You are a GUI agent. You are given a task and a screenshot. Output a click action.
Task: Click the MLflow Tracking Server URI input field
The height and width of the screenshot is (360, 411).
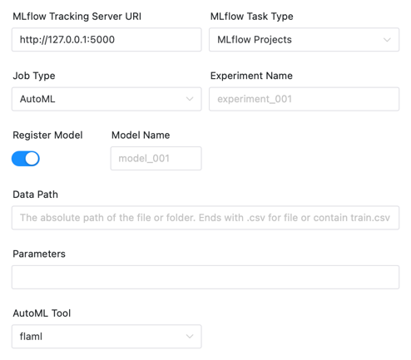106,40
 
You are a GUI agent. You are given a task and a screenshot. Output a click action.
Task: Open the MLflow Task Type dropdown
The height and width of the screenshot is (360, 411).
304,40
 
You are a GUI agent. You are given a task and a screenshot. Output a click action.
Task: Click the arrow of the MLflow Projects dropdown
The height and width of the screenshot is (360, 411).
387,40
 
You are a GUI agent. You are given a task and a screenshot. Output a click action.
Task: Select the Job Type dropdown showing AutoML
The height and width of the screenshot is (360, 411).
106,99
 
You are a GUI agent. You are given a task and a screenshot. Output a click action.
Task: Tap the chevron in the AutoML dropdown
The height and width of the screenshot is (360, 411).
190,99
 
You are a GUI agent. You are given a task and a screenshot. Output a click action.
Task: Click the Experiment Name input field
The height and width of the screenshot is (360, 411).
304,99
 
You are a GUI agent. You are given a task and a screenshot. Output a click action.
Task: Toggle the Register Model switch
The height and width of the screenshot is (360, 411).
26,159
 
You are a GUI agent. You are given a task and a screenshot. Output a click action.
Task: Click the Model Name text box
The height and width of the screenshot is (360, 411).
156,159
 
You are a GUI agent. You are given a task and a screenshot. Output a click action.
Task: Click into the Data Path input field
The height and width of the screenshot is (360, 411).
205,218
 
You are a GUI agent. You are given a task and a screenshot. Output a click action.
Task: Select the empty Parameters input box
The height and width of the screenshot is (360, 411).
205,277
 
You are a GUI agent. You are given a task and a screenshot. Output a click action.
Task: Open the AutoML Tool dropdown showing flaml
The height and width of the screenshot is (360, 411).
106,337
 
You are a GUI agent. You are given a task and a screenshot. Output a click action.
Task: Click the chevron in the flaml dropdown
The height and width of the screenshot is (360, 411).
190,337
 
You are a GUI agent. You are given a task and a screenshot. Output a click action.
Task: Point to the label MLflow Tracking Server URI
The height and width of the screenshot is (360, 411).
77,17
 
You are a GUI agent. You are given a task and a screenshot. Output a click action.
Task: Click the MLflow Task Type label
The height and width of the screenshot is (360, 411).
251,17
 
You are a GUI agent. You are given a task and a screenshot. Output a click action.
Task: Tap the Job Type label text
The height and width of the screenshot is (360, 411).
34,76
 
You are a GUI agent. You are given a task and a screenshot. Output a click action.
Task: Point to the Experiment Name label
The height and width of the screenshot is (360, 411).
251,76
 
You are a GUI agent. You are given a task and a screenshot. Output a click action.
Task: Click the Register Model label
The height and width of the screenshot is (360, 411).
47,136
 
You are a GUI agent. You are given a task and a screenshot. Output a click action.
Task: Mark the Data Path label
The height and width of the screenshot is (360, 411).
35,195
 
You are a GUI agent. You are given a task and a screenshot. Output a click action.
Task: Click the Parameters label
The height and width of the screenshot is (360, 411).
39,254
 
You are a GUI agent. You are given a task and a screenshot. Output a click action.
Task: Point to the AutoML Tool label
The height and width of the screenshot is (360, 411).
42,313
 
